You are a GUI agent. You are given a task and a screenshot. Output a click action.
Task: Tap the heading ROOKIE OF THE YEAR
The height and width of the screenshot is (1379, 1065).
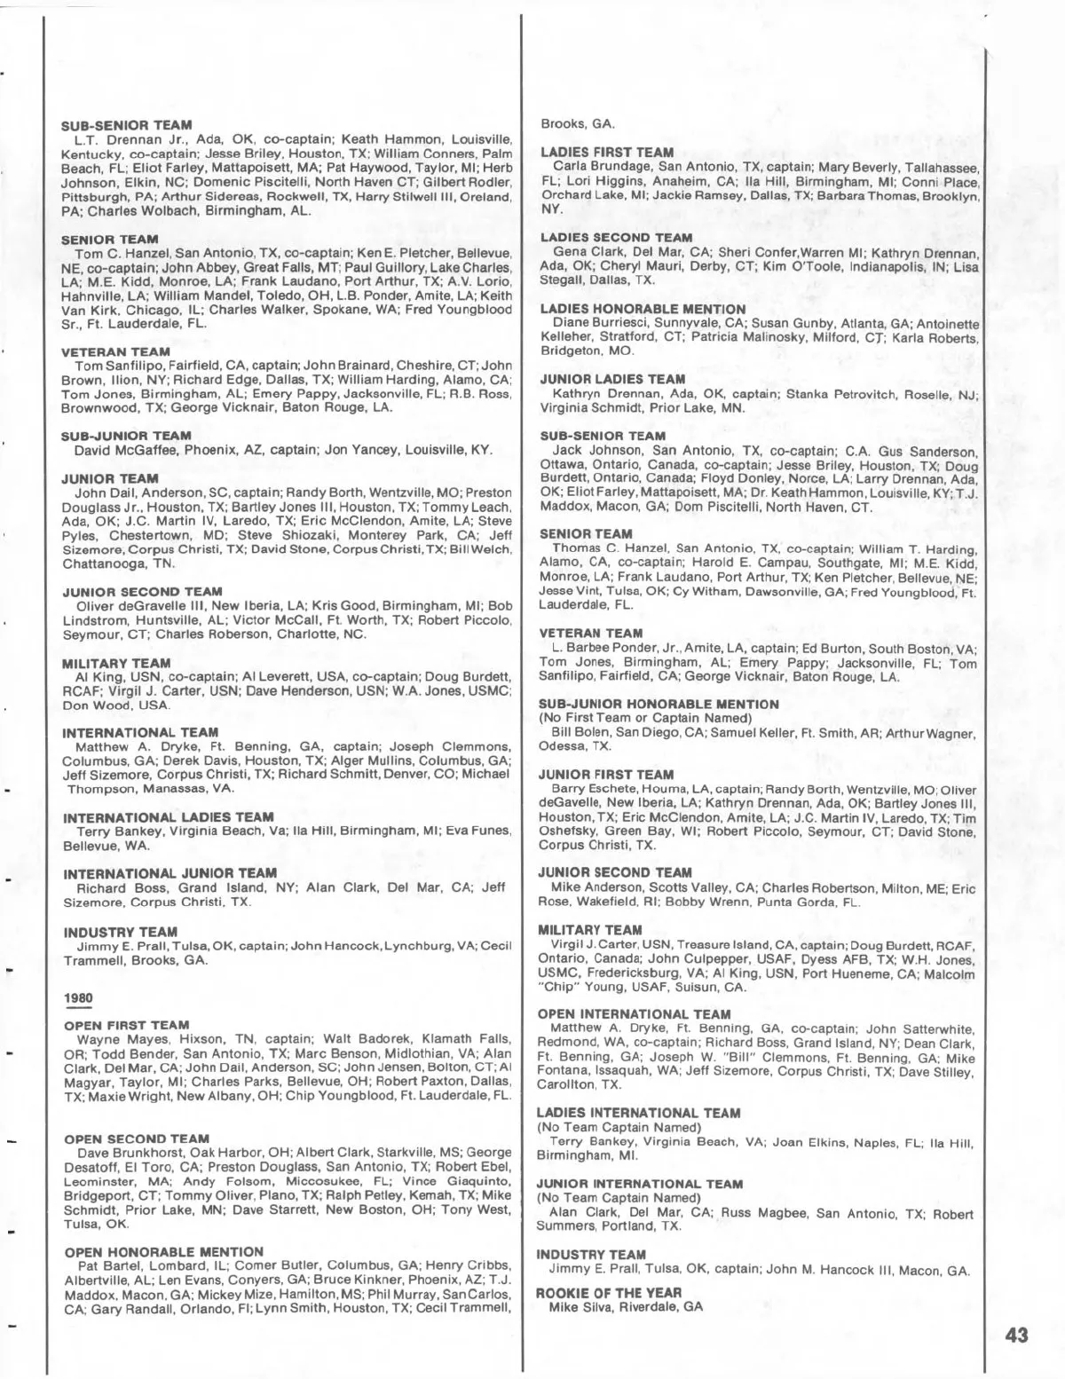click(x=608, y=1292)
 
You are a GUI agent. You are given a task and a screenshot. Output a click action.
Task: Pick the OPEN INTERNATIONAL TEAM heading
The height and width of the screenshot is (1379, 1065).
click(x=635, y=1014)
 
